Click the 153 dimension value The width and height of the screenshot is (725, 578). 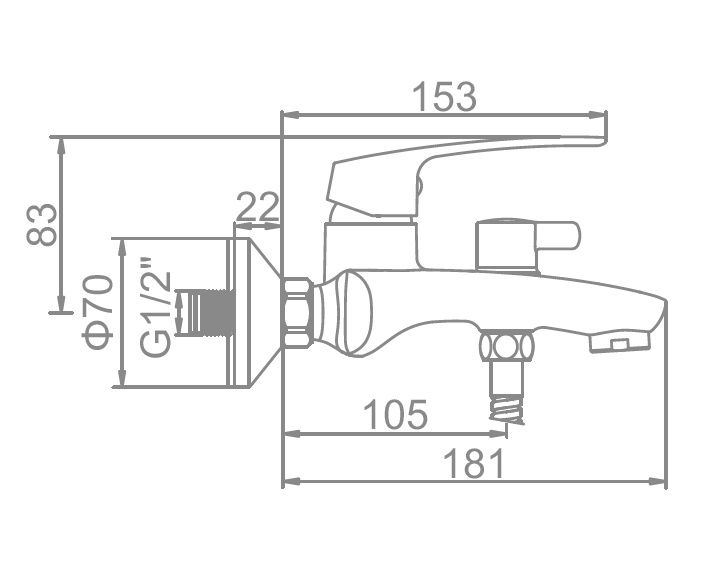click(444, 97)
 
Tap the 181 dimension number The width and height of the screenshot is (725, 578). click(473, 463)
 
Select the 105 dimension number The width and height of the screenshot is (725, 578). click(396, 414)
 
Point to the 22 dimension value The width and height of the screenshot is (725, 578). click(258, 207)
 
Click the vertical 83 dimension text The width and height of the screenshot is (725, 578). click(42, 224)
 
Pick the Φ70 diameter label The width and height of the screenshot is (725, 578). click(97, 312)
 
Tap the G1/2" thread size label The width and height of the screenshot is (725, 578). click(156, 314)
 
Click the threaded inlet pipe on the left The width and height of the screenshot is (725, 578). click(206, 312)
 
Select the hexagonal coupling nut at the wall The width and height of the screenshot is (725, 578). click(297, 312)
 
